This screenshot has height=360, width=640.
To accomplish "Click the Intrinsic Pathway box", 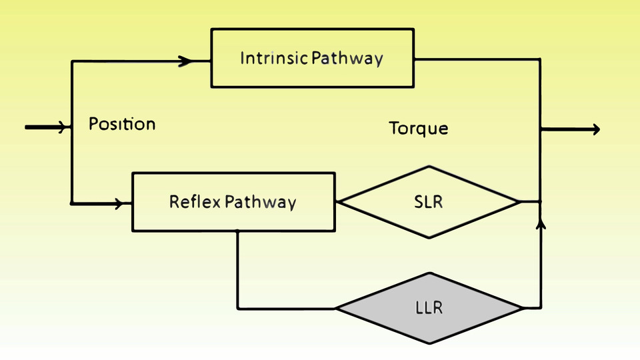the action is pyautogui.click(x=313, y=58).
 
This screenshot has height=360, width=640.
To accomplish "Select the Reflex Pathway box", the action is pyautogui.click(x=234, y=202).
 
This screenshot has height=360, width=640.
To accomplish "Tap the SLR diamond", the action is pyautogui.click(x=429, y=202).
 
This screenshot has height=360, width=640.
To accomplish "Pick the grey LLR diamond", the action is pyautogui.click(x=429, y=309).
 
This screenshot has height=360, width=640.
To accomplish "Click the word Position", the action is pyautogui.click(x=122, y=124).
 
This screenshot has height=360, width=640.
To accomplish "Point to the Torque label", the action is pyautogui.click(x=419, y=129).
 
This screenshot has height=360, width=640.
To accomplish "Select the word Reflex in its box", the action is pyautogui.click(x=195, y=201).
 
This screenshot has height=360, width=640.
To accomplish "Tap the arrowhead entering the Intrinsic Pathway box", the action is pyautogui.click(x=186, y=61).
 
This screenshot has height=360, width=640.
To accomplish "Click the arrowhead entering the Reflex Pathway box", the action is pyautogui.click(x=119, y=203).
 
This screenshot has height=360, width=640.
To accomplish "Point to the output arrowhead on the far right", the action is pyautogui.click(x=596, y=129).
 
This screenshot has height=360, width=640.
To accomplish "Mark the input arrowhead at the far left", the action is pyautogui.click(x=62, y=127).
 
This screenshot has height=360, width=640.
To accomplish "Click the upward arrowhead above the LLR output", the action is pyautogui.click(x=541, y=223).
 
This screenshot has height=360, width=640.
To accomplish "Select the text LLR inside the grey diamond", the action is pyautogui.click(x=429, y=308).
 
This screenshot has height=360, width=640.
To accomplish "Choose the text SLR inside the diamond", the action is pyautogui.click(x=429, y=201).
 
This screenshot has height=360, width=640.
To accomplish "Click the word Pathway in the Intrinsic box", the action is pyautogui.click(x=347, y=59).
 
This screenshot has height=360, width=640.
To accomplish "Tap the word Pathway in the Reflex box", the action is pyautogui.click(x=261, y=203).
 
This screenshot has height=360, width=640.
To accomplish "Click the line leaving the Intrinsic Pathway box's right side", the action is pyautogui.click(x=477, y=59).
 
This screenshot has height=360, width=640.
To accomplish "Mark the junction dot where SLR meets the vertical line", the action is pyautogui.click(x=541, y=201).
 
